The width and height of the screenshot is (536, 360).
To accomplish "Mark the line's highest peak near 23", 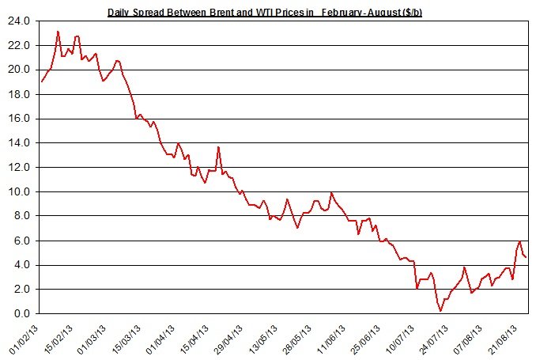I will (59, 32).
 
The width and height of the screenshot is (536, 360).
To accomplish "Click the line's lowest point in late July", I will (440, 311).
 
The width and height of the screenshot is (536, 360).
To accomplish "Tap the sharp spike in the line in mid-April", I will (218, 147).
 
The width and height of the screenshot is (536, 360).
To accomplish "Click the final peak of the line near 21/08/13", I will (519, 241).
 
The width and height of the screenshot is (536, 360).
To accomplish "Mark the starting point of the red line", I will (41, 81).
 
